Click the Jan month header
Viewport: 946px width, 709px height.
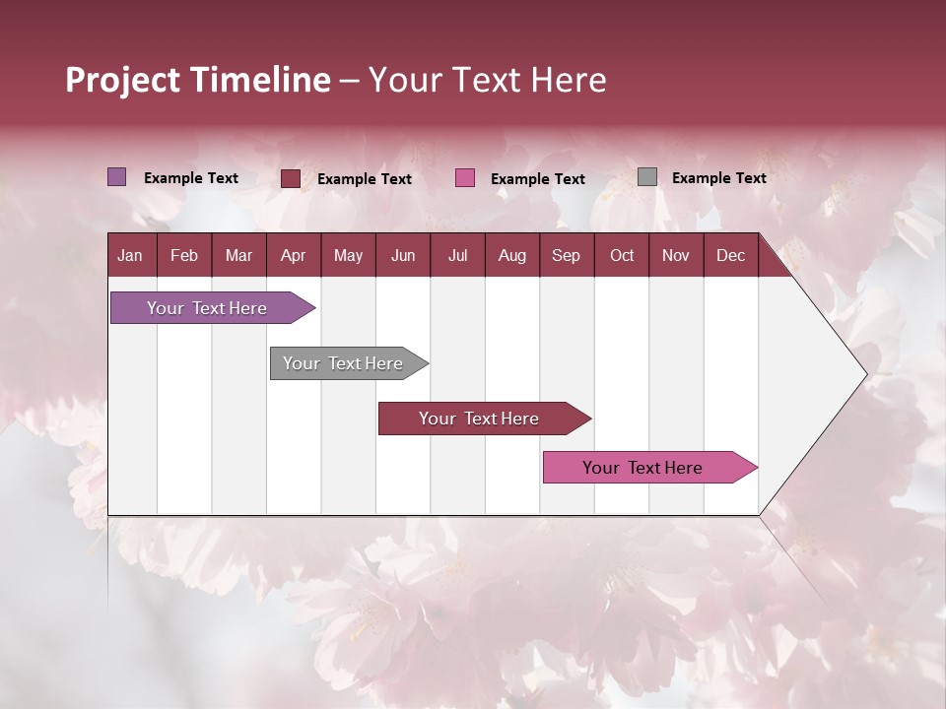pyautogui.click(x=130, y=255)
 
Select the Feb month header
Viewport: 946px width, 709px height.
pyautogui.click(x=184, y=255)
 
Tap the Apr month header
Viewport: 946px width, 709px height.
pyautogui.click(x=293, y=255)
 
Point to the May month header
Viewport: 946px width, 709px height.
pyautogui.click(x=348, y=255)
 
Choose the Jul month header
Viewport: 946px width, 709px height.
pyautogui.click(x=457, y=255)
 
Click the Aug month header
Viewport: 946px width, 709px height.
pyautogui.click(x=511, y=255)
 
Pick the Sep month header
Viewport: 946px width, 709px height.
pyautogui.click(x=566, y=255)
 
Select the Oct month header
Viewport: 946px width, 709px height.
pyautogui.click(x=622, y=255)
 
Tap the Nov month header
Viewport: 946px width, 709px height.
pyautogui.click(x=676, y=255)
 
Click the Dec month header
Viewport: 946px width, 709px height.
pyautogui.click(x=730, y=255)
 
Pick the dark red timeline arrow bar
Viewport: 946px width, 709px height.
pyautogui.click(x=480, y=419)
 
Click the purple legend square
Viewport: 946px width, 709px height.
pyautogui.click(x=117, y=177)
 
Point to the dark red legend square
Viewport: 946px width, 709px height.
pyautogui.click(x=291, y=178)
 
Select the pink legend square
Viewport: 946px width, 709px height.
pyautogui.click(x=465, y=178)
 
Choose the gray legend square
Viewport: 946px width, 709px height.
pyautogui.click(x=647, y=177)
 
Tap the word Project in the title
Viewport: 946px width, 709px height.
pyautogui.click(x=123, y=80)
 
